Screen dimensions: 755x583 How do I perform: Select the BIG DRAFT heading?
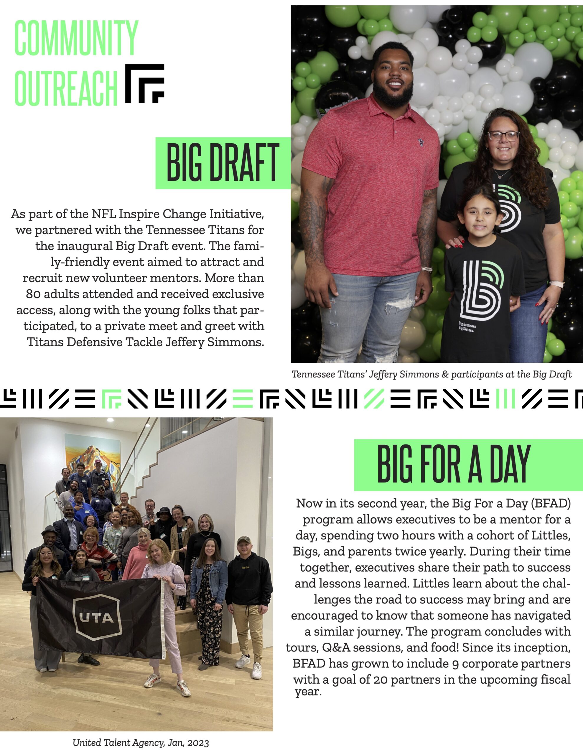pos(223,163)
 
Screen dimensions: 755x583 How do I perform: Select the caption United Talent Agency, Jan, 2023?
pos(141,743)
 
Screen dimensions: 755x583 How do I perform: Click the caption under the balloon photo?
pos(432,374)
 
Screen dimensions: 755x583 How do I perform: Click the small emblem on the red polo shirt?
pos(420,142)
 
